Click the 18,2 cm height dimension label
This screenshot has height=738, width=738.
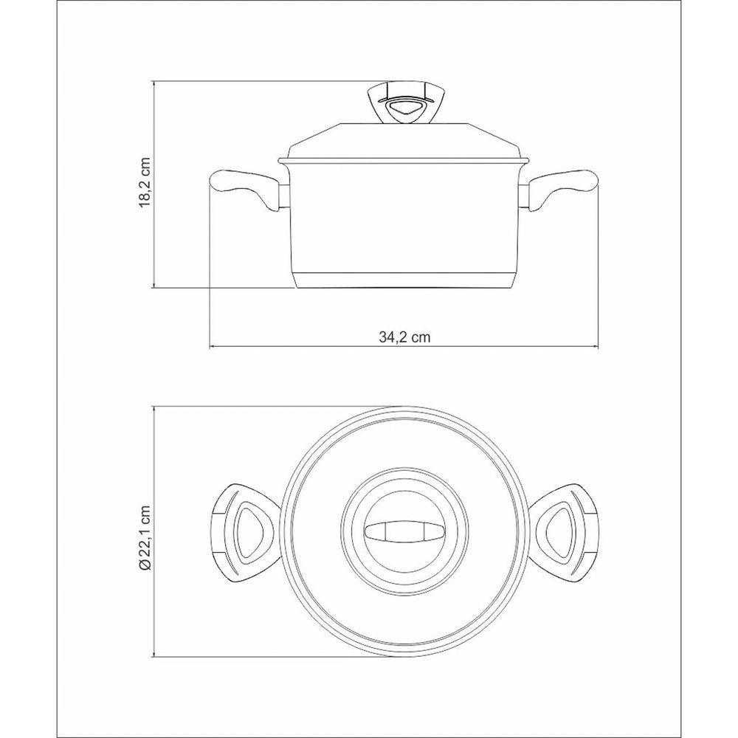(x=145, y=184)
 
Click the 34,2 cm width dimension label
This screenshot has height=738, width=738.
(x=404, y=337)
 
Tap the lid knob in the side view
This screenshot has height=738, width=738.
(x=404, y=103)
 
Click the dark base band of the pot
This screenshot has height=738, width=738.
(x=404, y=280)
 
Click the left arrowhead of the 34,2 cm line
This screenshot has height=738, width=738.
(x=213, y=346)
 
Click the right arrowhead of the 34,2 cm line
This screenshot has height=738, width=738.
(x=596, y=346)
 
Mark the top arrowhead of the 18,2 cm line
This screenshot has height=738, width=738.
(x=154, y=83)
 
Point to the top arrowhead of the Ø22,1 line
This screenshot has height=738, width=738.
(x=154, y=408)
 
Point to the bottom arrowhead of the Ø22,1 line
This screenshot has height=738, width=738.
(x=154, y=656)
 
